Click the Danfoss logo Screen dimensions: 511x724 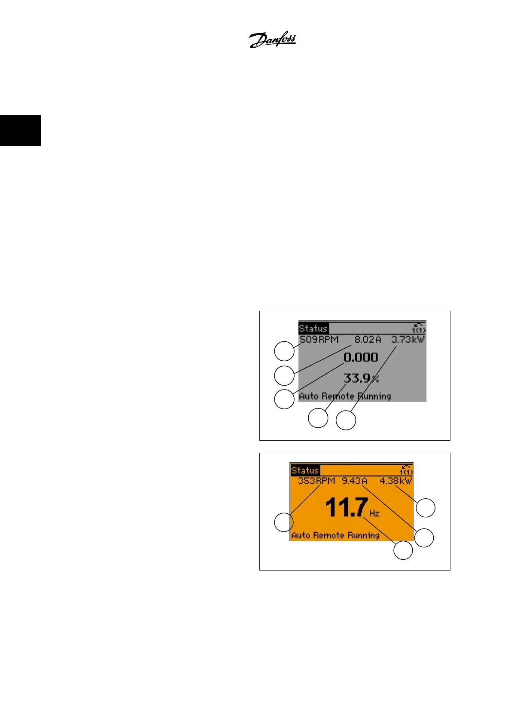273,40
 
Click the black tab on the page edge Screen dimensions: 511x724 21,130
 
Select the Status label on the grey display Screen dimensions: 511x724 313,328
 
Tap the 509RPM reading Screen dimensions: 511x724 319,340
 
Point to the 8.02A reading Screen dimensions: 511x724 368,340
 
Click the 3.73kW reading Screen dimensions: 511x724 408,340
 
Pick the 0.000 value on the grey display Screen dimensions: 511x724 361,357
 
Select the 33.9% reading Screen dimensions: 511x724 361,379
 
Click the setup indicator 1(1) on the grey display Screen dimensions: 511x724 419,328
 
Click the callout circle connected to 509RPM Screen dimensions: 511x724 284,351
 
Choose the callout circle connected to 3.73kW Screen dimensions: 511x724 346,420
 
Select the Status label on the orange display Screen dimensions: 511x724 305,470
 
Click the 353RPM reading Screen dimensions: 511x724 316,481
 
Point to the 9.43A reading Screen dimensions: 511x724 355,481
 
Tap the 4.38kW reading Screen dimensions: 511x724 395,481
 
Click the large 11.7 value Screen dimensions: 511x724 347,508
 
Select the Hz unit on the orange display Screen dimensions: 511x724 374,513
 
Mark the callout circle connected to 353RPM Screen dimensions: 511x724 284,522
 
